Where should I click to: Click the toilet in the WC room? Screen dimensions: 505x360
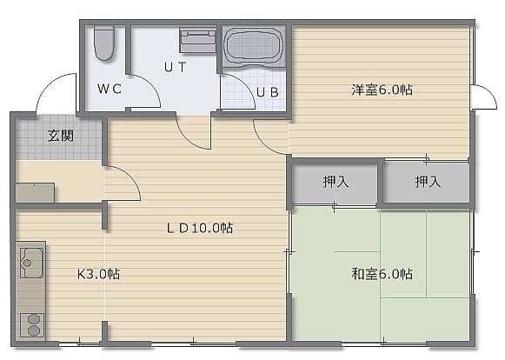pos(104,43)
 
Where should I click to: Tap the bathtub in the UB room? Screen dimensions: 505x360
pos(254,46)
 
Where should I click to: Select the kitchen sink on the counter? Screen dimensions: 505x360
pos(31,263)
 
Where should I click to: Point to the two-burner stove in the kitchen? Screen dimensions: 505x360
pos(32,324)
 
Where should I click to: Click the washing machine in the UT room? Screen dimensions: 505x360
pos(198,40)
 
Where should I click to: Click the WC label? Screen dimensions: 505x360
pos(110,89)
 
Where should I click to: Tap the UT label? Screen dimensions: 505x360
pos(176,67)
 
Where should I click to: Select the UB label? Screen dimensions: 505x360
pos(268,92)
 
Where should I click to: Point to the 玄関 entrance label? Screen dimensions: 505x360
pos(61,136)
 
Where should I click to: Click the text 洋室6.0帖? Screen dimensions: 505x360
pos(382,90)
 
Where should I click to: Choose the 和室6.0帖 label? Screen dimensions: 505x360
pos(382,274)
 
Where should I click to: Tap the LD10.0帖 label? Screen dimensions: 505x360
pos(200,228)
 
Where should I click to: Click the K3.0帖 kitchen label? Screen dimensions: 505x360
pos(98,274)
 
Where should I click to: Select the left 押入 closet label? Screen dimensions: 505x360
pos(336,182)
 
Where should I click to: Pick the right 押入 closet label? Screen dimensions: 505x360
pos(428,182)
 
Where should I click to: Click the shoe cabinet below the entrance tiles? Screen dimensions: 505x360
pos(35,193)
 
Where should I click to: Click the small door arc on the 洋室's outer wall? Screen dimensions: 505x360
pos(489,91)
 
